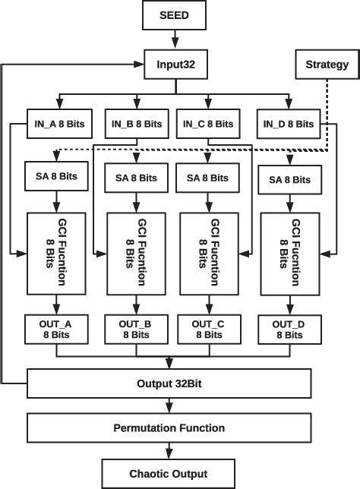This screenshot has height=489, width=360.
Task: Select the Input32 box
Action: [176, 65]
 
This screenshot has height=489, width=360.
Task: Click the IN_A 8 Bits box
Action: [55, 122]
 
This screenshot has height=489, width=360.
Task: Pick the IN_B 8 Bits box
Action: [136, 122]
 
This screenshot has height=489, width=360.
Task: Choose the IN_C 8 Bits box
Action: [209, 122]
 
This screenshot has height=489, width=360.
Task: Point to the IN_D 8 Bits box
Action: [289, 122]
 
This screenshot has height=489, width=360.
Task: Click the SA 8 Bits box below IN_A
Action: [55, 176]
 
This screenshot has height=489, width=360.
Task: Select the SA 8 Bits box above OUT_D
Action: [289, 179]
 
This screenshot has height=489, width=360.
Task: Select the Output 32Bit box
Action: [169, 381]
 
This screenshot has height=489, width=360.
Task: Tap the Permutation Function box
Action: [169, 427]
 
